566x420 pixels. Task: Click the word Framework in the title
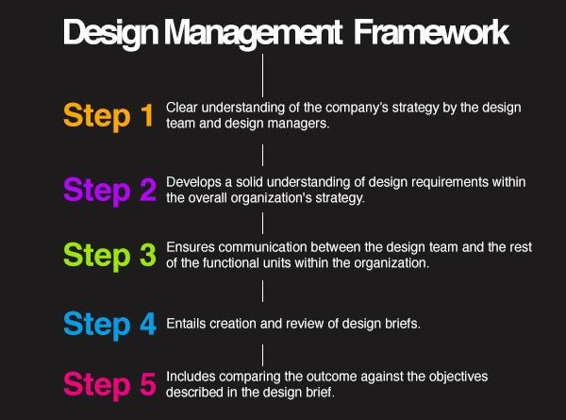coord(431,32)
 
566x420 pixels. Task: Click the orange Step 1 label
coord(108,116)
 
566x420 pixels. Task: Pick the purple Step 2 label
coord(109,191)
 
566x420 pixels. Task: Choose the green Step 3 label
coord(109,256)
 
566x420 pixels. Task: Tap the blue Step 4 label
coord(109,324)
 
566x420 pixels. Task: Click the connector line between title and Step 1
coord(262,76)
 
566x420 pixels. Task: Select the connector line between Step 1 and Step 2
coord(262,155)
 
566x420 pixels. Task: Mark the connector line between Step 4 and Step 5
coord(262,355)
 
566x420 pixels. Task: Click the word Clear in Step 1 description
coord(182,108)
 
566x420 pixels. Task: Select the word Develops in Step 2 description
coord(193,182)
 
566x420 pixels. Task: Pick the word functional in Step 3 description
coord(231,263)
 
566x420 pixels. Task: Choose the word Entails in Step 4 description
coord(186,324)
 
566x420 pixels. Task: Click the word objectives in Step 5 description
coord(458,377)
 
